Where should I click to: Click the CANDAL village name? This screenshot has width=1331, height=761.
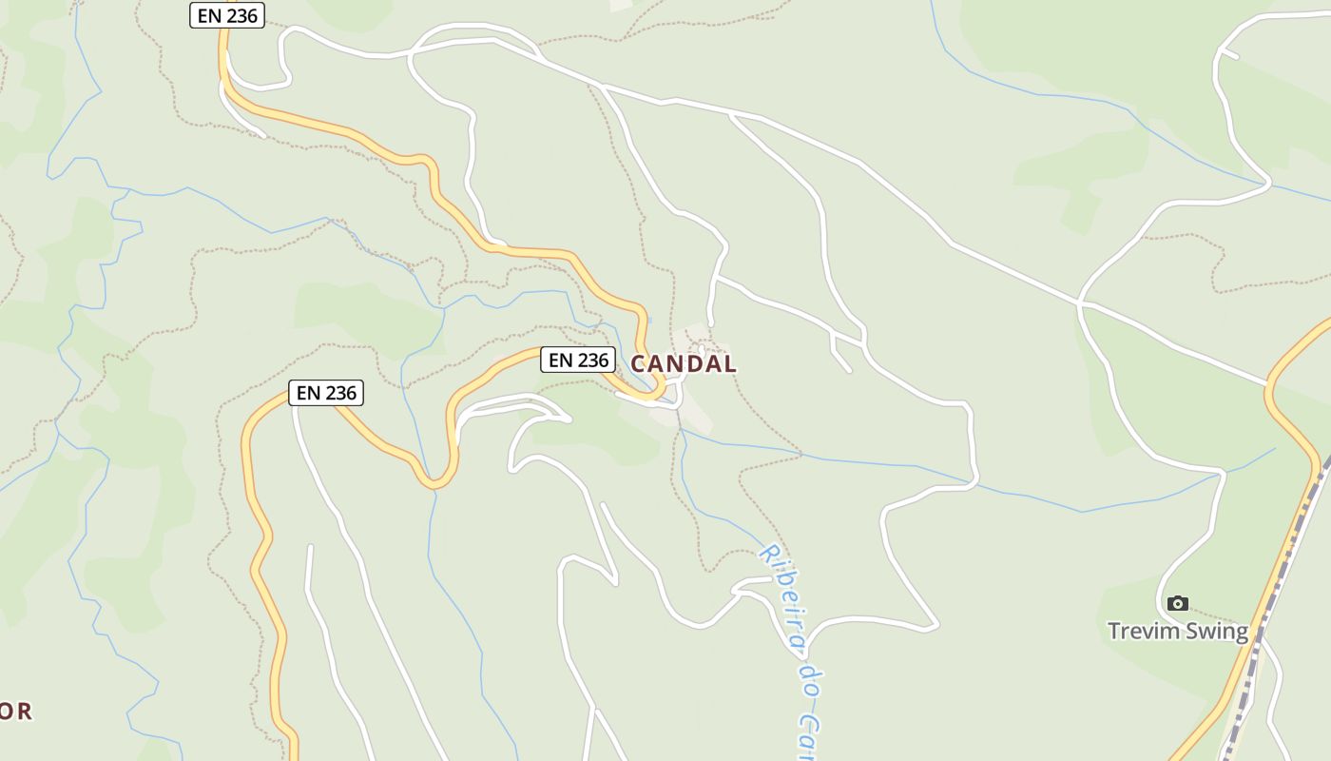(x=684, y=363)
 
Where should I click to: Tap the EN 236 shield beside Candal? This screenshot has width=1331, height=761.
(x=577, y=360)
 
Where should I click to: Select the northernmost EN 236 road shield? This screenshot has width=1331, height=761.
(x=226, y=15)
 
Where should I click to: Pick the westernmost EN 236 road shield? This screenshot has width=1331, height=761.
(x=326, y=392)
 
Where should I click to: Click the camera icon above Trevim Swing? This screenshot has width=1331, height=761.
(x=1178, y=603)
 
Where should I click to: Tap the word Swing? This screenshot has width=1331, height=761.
(x=1218, y=632)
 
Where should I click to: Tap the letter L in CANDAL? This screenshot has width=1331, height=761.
(x=728, y=363)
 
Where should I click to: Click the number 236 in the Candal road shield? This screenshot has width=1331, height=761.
(x=591, y=360)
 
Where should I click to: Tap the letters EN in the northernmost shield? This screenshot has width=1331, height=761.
(x=209, y=15)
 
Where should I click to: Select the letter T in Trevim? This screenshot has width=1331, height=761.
(x=1114, y=631)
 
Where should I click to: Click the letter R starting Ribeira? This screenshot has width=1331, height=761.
(x=766, y=554)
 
